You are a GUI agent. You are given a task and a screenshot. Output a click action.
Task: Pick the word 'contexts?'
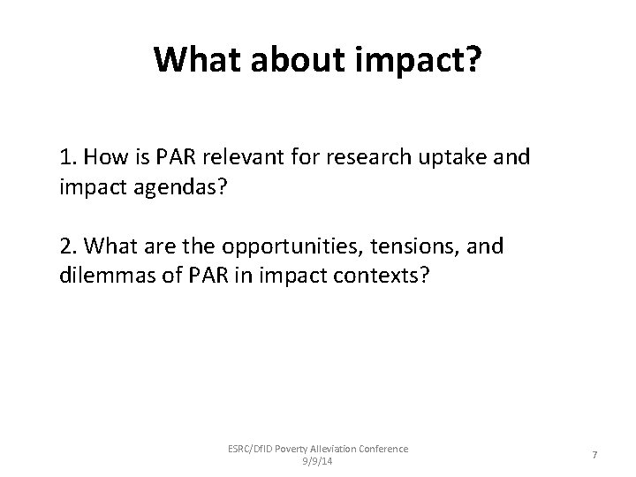[384, 276]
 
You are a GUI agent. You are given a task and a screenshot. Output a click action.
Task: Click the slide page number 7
[595, 454]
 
